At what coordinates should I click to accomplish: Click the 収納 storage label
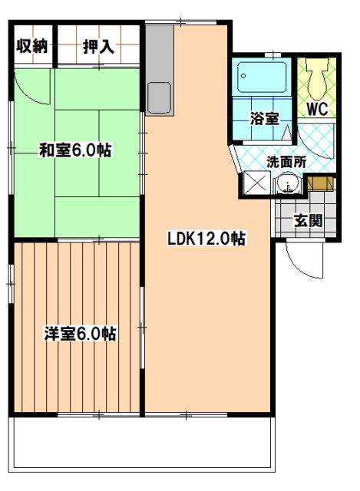pyautogui.click(x=31, y=47)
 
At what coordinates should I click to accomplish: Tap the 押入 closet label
pyautogui.click(x=98, y=47)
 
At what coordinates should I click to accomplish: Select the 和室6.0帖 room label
pyautogui.click(x=75, y=150)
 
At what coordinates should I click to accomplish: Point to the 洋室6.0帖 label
pyautogui.click(x=80, y=334)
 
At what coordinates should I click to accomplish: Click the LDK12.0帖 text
pyautogui.click(x=206, y=239)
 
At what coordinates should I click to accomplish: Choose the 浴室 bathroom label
pyautogui.click(x=264, y=118)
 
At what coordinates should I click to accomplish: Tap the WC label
pyautogui.click(x=317, y=109)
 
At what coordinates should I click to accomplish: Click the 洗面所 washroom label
pyautogui.click(x=286, y=162)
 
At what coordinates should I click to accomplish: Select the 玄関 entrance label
pyautogui.click(x=308, y=221)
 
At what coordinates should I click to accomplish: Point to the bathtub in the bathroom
pyautogui.click(x=262, y=77)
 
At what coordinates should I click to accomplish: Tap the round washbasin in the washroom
pyautogui.click(x=287, y=185)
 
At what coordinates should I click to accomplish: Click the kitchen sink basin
pyautogui.click(x=159, y=97)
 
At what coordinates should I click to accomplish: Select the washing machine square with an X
pyautogui.click(x=256, y=183)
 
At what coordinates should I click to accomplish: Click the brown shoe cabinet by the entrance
pyautogui.click(x=321, y=184)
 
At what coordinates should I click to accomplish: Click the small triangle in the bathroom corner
pyautogui.click(x=286, y=133)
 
